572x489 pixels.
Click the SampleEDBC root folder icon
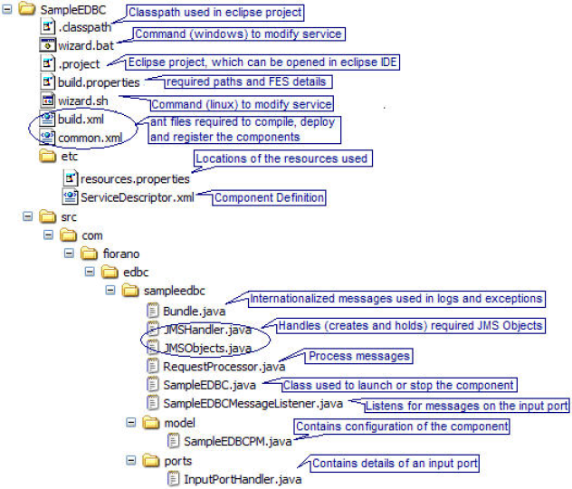click(27, 8)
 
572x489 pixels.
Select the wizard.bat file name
click(86, 45)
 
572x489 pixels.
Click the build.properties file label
click(99, 82)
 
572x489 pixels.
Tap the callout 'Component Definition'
click(269, 197)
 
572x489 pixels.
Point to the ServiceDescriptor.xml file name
click(138, 197)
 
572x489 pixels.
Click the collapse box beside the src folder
click(27, 216)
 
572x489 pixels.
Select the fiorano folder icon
click(89, 254)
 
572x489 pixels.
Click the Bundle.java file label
click(194, 312)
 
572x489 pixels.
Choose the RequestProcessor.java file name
click(224, 367)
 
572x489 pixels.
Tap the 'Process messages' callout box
click(359, 356)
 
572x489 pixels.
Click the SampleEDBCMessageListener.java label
click(253, 404)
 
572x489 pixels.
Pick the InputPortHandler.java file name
click(243, 479)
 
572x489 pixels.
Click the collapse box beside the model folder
click(130, 423)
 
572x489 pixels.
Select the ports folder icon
click(151, 461)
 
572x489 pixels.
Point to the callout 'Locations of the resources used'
click(282, 158)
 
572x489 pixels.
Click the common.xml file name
click(91, 139)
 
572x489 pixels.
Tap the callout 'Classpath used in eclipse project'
click(214, 13)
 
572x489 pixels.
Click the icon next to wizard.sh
click(48, 100)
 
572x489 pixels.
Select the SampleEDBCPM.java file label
click(237, 442)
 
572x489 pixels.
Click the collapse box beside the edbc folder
click(90, 272)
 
